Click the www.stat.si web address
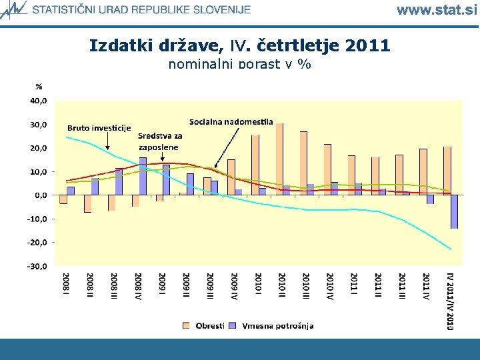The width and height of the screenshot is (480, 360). tap(437, 9)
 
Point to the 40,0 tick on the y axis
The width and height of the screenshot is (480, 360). tap(37, 101)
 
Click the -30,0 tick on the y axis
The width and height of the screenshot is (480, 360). tap(37, 266)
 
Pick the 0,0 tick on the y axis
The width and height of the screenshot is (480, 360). tap(40, 195)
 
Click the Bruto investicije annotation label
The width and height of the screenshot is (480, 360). tap(99, 128)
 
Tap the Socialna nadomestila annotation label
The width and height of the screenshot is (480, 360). tap(231, 121)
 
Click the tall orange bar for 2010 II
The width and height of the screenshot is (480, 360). tap(279, 159)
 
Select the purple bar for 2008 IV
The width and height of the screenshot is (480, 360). tap(143, 177)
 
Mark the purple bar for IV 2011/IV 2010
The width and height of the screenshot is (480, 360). tap(454, 211)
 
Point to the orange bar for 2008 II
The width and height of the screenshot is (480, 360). tap(87, 203)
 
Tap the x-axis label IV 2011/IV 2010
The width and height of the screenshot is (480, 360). tap(450, 300)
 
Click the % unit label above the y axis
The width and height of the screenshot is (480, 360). tap(39, 87)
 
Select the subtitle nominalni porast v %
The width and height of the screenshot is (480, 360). tap(240, 64)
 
